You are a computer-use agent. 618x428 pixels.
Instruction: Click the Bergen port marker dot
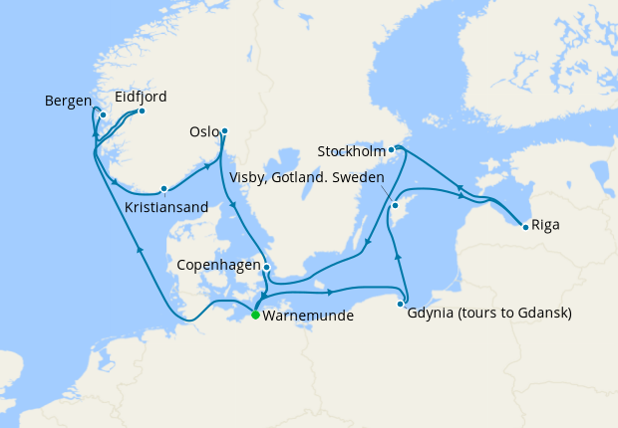(103, 114)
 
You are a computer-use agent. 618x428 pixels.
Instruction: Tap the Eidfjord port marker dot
(142, 110)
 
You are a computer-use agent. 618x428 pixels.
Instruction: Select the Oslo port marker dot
(224, 130)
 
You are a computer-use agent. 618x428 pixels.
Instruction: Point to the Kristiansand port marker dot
(163, 188)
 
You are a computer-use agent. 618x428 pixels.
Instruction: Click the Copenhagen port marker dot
(266, 267)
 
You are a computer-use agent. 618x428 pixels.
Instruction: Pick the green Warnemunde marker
(255, 316)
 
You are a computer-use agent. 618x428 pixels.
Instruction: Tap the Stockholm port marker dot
(392, 151)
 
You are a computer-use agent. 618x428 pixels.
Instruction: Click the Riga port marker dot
(525, 227)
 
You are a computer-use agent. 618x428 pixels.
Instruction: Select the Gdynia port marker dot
(402, 304)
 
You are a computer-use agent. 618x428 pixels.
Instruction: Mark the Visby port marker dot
(395, 206)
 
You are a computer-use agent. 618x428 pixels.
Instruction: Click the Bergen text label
(68, 101)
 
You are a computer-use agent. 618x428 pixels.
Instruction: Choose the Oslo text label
(203, 131)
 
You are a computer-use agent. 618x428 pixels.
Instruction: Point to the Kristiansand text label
(166, 207)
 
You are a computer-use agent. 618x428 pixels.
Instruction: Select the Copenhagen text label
(217, 266)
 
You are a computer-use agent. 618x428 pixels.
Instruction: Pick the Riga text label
(545, 225)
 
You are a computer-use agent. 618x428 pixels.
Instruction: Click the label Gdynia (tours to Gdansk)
(489, 314)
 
